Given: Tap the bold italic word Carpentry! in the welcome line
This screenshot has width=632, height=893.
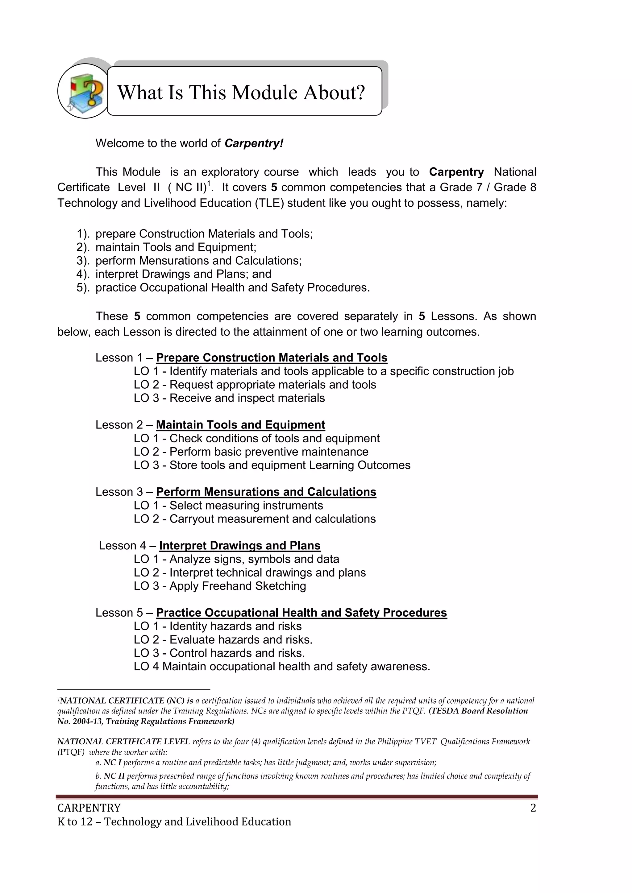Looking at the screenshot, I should pos(254,143).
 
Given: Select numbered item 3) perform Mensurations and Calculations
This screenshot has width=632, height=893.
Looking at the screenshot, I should pos(198,261).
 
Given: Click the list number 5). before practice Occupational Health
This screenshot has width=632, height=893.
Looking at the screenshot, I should pos(83,288).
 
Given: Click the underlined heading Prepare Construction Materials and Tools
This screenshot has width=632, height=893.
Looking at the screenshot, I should pos(272,358).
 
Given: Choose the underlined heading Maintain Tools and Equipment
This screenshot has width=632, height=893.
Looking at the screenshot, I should pos(240,425).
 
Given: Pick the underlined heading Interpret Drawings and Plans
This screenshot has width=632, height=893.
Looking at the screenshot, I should pos(240,546).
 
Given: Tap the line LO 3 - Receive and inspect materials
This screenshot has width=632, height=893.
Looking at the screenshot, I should pos(229,398).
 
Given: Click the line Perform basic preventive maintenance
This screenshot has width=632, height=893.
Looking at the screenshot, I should pos(268,452).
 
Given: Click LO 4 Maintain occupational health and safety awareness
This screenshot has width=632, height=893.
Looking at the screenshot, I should pos(282,667).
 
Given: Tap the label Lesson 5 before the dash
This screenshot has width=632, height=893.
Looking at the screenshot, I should pos(119,613).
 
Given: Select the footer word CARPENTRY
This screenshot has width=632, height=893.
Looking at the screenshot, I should pos(89,808).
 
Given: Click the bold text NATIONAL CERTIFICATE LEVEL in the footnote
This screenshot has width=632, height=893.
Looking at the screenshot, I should pos(123,742).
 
